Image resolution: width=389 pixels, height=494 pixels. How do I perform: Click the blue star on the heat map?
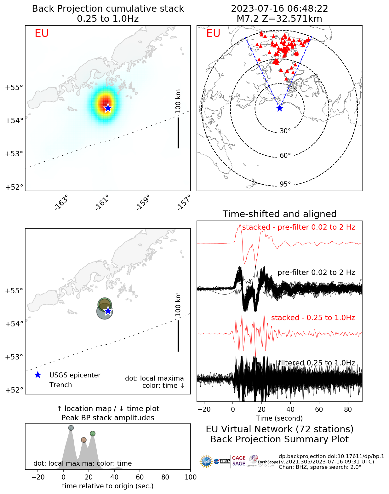108,108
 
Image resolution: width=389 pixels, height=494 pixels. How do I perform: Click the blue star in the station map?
279,108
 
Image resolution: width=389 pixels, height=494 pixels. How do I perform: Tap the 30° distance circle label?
285,131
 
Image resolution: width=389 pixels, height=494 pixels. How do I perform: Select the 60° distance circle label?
285,156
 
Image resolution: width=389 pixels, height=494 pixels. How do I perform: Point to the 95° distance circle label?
285,184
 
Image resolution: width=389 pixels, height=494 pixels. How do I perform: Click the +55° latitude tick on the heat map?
14,88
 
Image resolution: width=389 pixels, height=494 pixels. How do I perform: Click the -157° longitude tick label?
184,202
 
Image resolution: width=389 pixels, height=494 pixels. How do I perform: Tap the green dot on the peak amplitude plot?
92,434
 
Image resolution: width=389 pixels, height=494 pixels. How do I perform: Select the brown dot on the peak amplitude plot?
83,440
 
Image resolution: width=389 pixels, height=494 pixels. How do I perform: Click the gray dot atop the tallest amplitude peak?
71,428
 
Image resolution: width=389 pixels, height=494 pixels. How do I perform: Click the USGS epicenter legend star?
38,375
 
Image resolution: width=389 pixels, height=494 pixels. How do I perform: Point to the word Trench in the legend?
60,385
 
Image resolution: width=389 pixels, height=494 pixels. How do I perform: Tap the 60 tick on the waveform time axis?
319,409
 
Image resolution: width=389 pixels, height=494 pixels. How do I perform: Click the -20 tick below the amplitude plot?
38,477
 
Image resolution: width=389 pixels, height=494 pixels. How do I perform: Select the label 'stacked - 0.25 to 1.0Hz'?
313,318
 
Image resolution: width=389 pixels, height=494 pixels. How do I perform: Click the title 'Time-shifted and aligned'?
279,214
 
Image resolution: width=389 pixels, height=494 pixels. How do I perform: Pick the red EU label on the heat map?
42,33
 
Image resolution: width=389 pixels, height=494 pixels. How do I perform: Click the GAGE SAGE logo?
239,461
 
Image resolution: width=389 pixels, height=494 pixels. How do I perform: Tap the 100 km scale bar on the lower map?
178,336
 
